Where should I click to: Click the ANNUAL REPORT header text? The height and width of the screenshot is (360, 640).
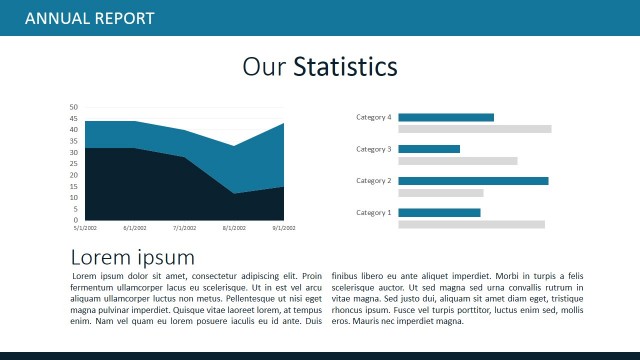coord(89,18)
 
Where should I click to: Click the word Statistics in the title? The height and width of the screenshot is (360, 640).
coord(345,67)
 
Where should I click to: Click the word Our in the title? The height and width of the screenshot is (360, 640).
coord(264,67)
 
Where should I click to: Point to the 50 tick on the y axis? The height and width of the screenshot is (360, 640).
coord(73,107)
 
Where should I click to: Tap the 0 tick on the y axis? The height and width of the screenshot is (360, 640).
coord(75,220)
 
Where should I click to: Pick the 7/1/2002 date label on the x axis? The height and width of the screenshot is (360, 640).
coord(184,228)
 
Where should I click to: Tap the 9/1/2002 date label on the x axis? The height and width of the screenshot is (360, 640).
coord(284,228)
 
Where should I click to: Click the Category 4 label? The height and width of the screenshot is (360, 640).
coord(374,117)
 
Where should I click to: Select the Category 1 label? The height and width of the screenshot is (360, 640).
coord(374,212)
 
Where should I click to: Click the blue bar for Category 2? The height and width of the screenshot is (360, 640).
coord(473,181)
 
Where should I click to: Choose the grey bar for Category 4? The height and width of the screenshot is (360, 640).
coord(475,129)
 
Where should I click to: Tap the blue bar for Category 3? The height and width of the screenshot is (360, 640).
coord(429,149)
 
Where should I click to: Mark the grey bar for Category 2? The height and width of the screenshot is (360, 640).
coord(441,193)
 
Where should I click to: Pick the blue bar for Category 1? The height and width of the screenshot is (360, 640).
coord(439,212)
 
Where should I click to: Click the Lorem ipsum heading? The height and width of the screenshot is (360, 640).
coord(132,257)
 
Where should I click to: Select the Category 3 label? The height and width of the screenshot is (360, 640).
coord(374,149)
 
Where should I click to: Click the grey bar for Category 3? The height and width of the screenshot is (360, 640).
coord(458,161)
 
